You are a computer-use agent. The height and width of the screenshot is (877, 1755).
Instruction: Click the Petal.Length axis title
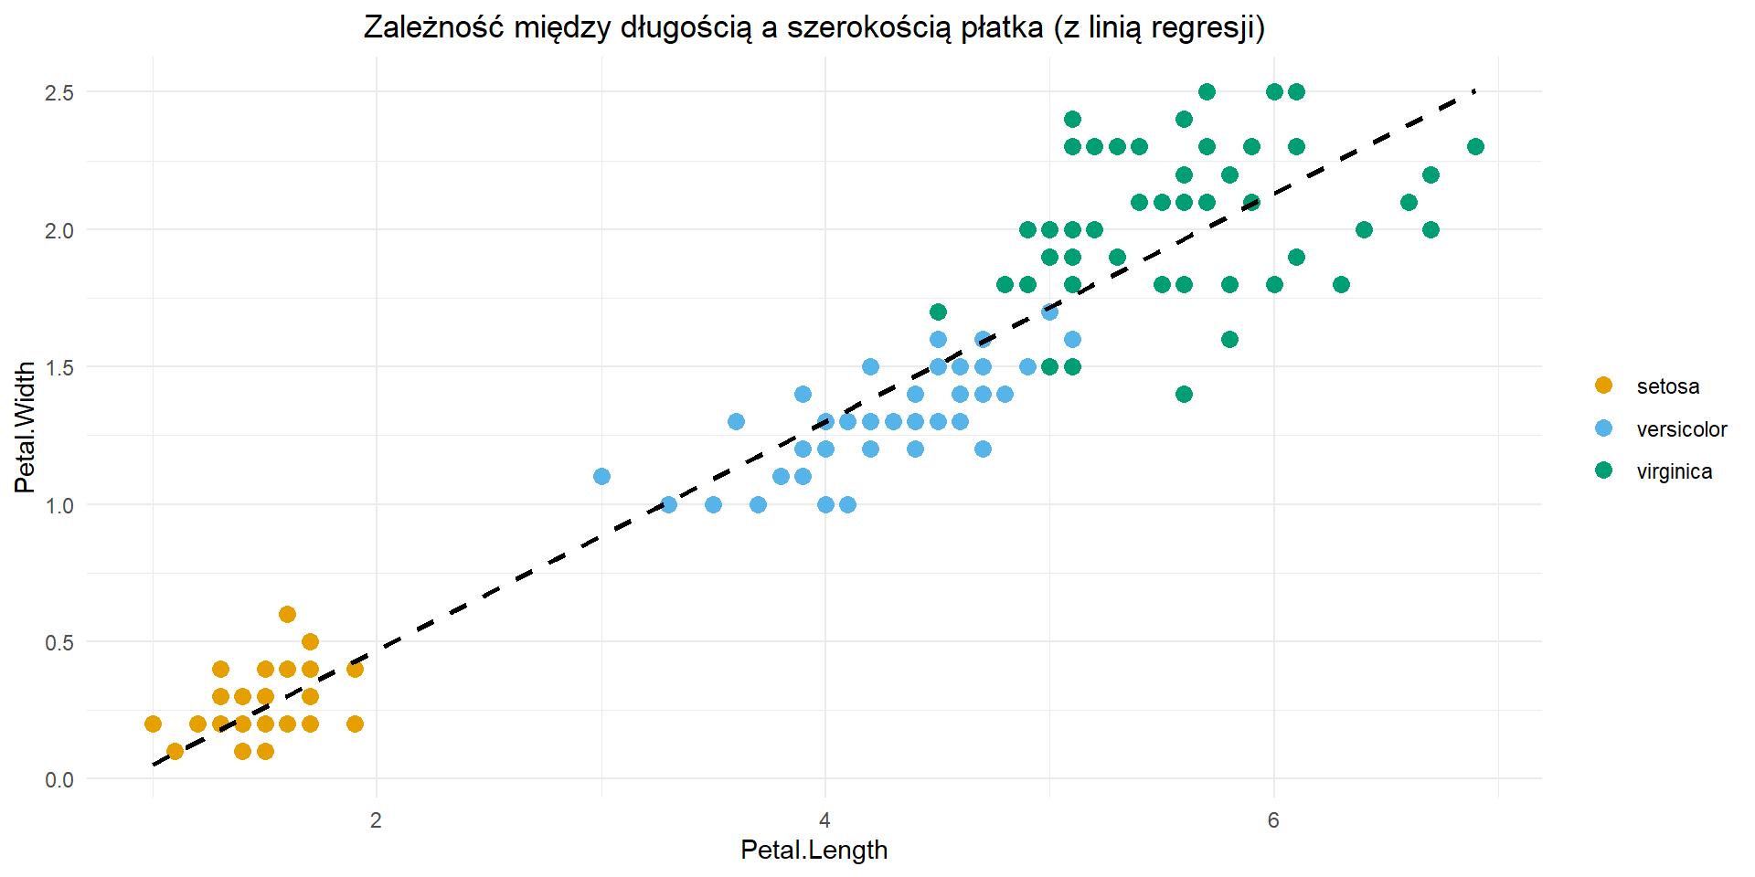click(814, 850)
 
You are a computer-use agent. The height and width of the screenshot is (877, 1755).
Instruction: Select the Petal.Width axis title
click(25, 427)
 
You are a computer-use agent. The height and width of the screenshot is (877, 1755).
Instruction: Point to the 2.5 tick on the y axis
click(59, 92)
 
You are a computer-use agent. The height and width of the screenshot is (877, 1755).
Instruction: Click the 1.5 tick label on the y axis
click(59, 367)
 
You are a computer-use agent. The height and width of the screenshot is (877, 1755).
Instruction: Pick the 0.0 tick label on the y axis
click(59, 779)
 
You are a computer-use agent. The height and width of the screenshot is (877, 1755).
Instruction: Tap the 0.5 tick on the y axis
click(59, 642)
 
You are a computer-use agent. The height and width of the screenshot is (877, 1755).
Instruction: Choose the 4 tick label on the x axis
click(825, 819)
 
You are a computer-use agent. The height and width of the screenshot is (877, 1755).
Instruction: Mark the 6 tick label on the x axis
click(1273, 819)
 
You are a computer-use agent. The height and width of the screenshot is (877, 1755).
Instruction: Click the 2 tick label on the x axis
click(377, 819)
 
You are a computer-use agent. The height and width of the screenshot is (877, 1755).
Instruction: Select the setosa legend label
click(1668, 386)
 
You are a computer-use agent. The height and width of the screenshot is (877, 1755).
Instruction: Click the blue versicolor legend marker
click(1603, 428)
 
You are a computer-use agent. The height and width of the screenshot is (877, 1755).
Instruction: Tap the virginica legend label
click(1675, 471)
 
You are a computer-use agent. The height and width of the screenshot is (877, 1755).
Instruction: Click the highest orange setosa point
click(287, 614)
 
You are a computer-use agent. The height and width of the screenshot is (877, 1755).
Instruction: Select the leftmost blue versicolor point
click(601, 476)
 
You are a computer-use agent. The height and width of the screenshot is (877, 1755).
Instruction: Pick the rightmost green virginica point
click(1475, 147)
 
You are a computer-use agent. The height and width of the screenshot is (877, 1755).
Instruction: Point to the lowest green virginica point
click(1184, 394)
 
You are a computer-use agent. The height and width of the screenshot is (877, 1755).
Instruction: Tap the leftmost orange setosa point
click(153, 724)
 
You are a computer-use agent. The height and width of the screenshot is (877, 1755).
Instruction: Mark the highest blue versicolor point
click(1049, 312)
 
